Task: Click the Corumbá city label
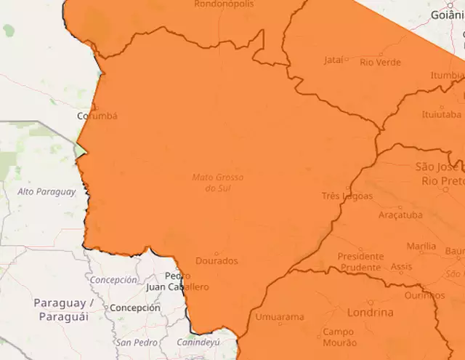[97, 116]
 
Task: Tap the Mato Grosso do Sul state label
[218, 183]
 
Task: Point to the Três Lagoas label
[347, 196]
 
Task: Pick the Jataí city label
[333, 61]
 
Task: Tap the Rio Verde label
[380, 63]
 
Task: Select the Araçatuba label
[400, 215]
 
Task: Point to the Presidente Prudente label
[360, 262]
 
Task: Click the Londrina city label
[371, 313]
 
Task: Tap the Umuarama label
[280, 318]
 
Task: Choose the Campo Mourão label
[339, 337]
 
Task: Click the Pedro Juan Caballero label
[177, 282]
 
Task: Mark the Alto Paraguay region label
[46, 192]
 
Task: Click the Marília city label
[421, 247]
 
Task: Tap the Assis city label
[401, 267]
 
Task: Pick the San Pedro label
[136, 342]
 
